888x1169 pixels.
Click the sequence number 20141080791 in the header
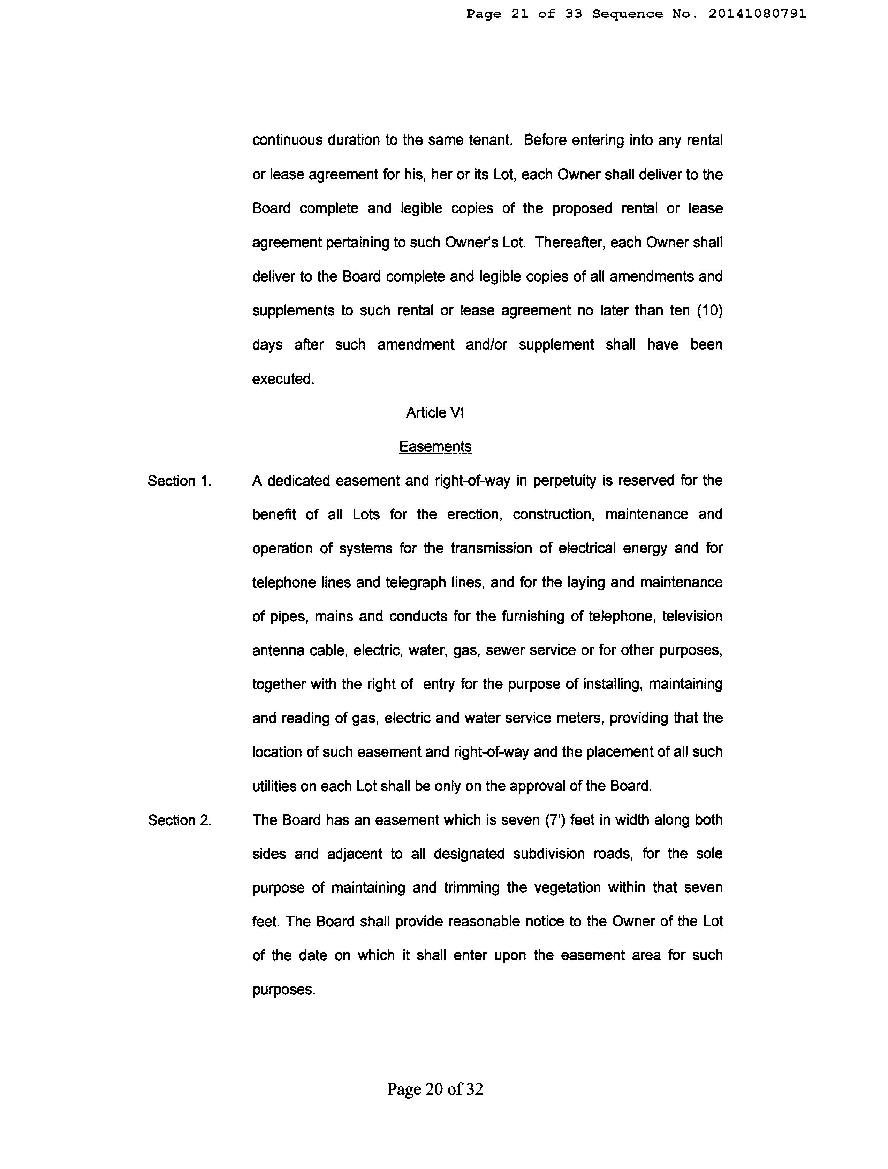click(757, 14)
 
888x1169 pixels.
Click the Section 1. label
click(179, 481)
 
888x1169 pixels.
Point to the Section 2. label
click(179, 820)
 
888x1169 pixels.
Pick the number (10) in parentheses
click(709, 311)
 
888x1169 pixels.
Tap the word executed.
click(283, 379)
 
